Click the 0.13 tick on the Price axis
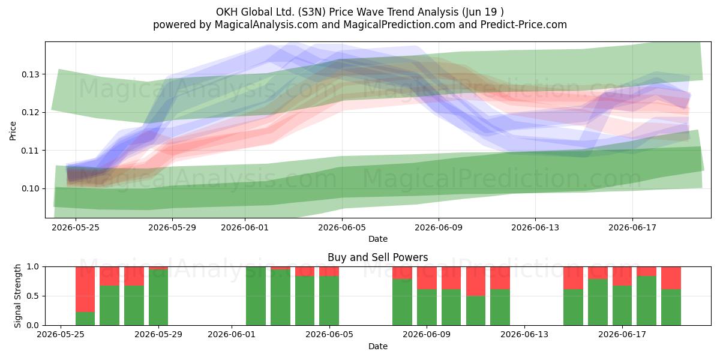30,74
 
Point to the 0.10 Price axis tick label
30,188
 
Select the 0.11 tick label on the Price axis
30,151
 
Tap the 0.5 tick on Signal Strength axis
33,296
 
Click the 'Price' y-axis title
13,131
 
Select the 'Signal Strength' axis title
17,296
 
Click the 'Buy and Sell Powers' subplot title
377,257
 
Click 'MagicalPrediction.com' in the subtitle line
399,25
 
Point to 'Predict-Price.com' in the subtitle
524,25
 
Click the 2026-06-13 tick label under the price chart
535,227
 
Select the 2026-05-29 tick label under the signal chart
158,334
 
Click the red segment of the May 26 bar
85,289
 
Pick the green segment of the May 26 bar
85,319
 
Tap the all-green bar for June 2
256,296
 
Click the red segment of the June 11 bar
476,281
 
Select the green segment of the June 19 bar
671,307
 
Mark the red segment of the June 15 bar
573,278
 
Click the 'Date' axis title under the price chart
377,239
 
